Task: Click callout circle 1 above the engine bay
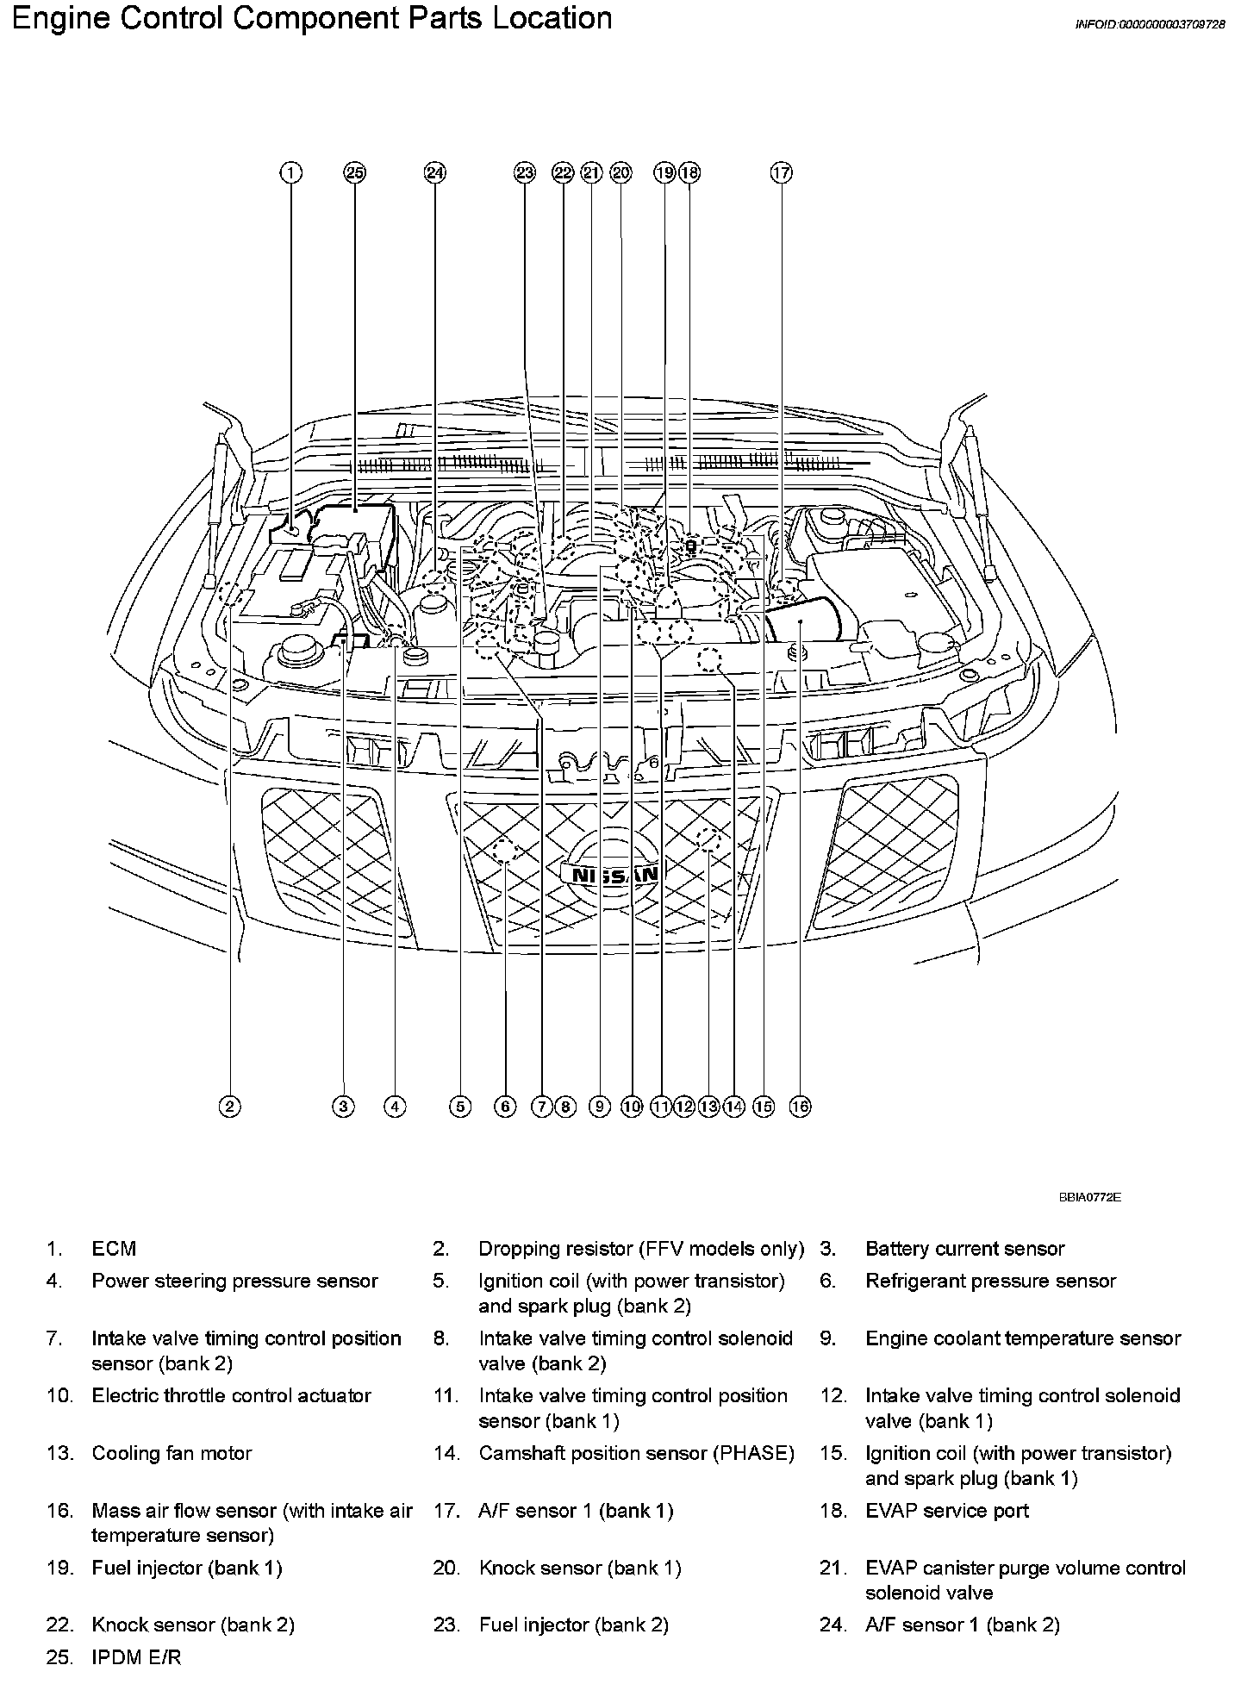291,173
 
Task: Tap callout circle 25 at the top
354,173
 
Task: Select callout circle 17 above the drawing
781,173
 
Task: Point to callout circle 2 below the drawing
229,1107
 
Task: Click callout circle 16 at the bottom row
800,1107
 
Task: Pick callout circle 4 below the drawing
395,1107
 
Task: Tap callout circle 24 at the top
435,173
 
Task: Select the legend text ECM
114,1249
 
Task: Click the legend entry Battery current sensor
964,1249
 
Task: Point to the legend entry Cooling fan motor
171,1453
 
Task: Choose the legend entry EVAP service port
946,1510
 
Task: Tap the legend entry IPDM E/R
136,1656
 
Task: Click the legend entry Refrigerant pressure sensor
990,1281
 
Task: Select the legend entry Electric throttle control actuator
231,1395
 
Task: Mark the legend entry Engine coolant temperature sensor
1023,1338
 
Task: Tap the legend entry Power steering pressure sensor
234,1281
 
